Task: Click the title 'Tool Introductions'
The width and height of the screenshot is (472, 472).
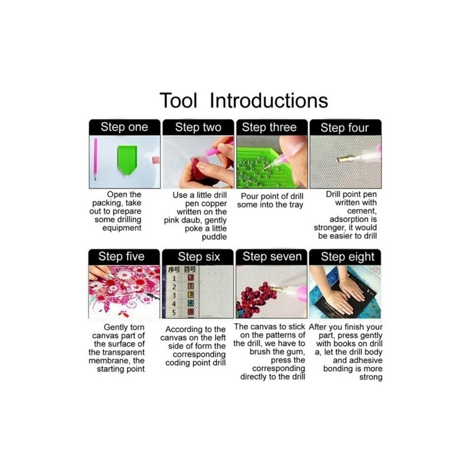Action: click(x=244, y=100)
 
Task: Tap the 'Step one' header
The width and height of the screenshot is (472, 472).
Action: click(x=124, y=127)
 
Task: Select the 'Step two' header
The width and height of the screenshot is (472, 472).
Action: click(x=198, y=127)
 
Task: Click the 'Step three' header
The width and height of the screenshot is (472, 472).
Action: click(x=269, y=127)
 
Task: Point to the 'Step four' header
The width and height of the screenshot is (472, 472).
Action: click(x=345, y=128)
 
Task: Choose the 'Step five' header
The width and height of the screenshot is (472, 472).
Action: click(x=122, y=257)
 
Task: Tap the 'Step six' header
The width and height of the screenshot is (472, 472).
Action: click(x=199, y=257)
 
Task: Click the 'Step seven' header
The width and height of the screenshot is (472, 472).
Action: click(x=272, y=257)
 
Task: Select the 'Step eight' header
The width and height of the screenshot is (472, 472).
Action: click(x=348, y=257)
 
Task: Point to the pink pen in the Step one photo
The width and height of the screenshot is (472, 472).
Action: click(x=96, y=159)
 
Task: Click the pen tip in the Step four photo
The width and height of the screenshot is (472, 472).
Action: click(x=340, y=159)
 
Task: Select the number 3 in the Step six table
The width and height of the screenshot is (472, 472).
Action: click(x=174, y=296)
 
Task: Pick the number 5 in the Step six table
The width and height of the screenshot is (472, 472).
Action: click(x=174, y=313)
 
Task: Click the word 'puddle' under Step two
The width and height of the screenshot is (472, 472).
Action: click(x=214, y=237)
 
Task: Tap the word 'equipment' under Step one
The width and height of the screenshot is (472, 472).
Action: click(x=122, y=228)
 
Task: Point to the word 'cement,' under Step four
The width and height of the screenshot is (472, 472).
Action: click(x=362, y=211)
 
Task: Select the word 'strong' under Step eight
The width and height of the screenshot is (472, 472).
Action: click(x=371, y=378)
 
